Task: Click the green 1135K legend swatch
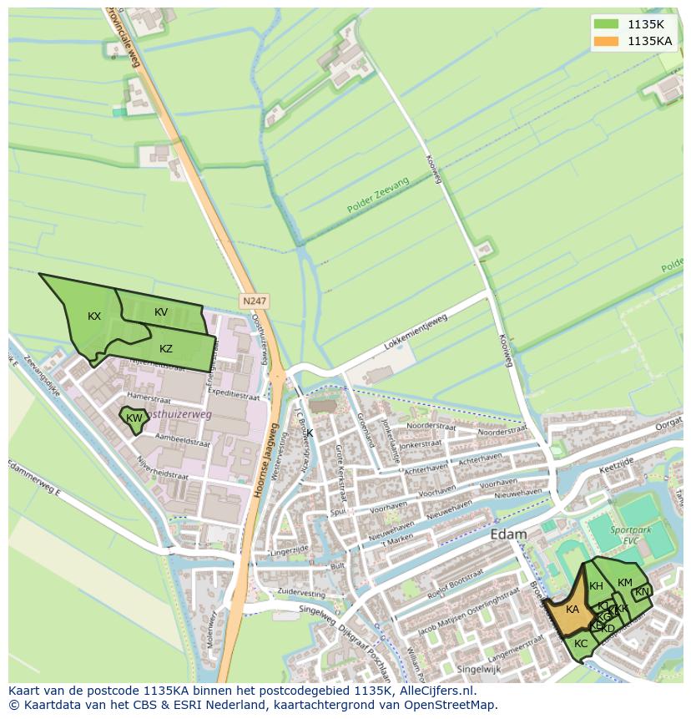[x=607, y=24]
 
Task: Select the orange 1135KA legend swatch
[x=607, y=41]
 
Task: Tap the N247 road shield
[x=255, y=300]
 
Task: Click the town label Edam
[x=508, y=534]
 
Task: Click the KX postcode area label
[x=94, y=316]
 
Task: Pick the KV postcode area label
[x=161, y=312]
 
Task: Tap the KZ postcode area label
[x=166, y=348]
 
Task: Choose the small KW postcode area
[x=134, y=418]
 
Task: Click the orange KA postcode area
[x=572, y=610]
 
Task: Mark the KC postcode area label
[x=581, y=644]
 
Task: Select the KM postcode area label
[x=624, y=583]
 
